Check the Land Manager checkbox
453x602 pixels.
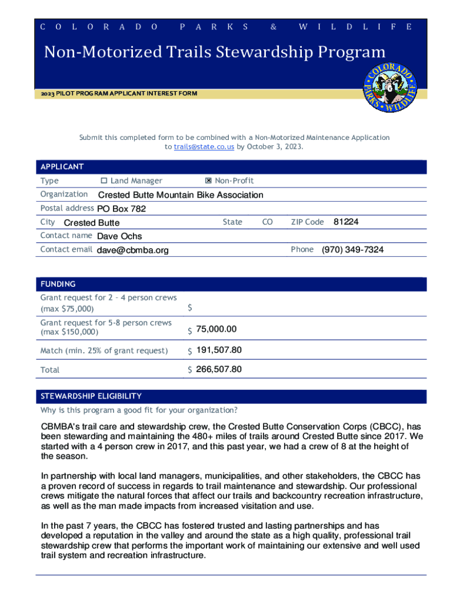[104, 180]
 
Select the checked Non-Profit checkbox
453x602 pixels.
[200, 180]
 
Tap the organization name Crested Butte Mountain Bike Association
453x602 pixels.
[180, 195]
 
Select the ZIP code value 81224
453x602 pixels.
[346, 222]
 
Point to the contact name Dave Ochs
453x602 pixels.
[119, 236]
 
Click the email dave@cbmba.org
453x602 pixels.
[132, 250]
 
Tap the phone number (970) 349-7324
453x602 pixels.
[352, 250]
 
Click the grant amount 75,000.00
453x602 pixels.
[216, 330]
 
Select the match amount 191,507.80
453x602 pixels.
[219, 350]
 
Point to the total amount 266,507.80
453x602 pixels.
[219, 370]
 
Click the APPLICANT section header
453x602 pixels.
[62, 167]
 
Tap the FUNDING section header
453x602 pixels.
[58, 284]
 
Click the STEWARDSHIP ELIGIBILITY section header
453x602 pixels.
[91, 396]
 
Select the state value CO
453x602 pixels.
[267, 222]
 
